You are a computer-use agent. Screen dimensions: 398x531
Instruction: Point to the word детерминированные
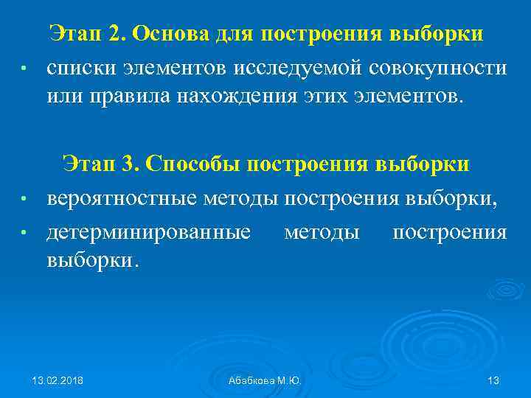pos(148,234)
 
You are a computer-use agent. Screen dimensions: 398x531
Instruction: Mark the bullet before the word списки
pos(24,69)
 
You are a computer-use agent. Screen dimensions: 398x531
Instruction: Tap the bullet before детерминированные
pos(24,234)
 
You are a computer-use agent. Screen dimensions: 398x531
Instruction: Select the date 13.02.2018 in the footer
pos(58,380)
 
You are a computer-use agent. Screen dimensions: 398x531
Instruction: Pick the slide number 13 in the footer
pos(494,380)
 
